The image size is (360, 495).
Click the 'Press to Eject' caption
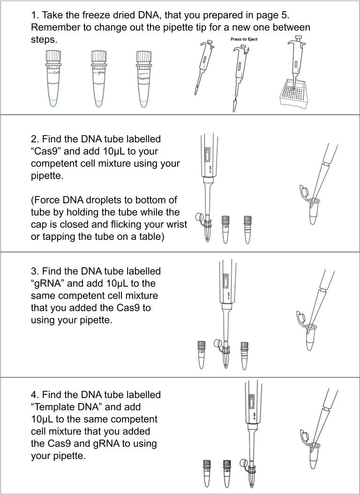244,39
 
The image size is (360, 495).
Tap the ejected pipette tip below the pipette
234,105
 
